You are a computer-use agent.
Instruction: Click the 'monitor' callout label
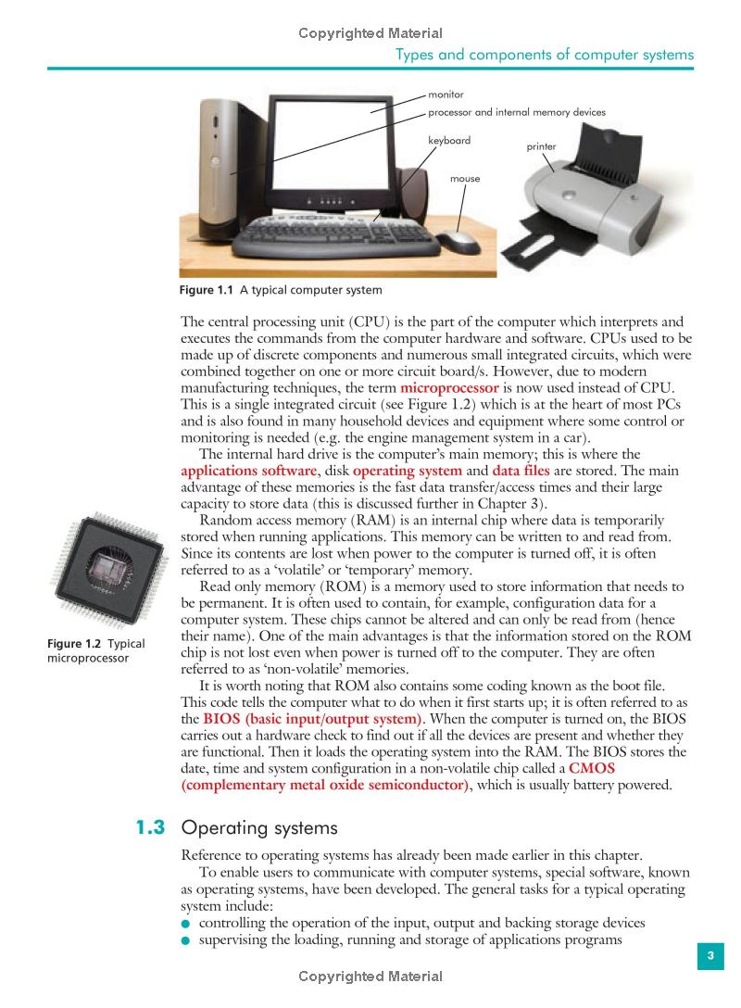click(446, 94)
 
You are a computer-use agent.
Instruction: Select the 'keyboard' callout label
click(449, 141)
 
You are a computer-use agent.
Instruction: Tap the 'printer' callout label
click(542, 146)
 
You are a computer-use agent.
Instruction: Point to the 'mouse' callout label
click(465, 178)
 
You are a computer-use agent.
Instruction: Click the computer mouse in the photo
click(458, 241)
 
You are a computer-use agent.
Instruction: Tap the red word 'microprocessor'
click(450, 386)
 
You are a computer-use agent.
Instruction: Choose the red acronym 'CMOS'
click(592, 768)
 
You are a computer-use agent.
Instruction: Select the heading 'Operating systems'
click(259, 827)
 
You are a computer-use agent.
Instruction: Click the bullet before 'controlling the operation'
click(186, 924)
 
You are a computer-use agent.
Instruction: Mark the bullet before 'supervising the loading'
click(186, 940)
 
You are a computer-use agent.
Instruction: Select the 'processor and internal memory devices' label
click(517, 112)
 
